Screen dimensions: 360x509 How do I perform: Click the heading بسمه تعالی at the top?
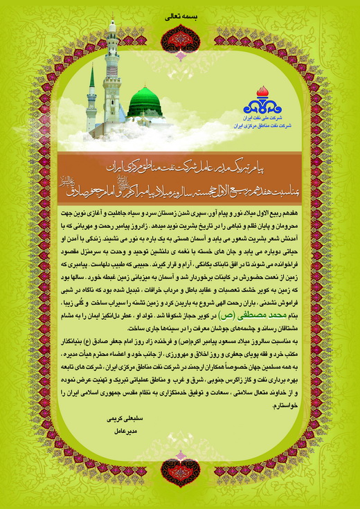[180, 13]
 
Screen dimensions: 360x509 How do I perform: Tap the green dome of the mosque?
[145, 102]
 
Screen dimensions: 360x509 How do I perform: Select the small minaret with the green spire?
[91, 97]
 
